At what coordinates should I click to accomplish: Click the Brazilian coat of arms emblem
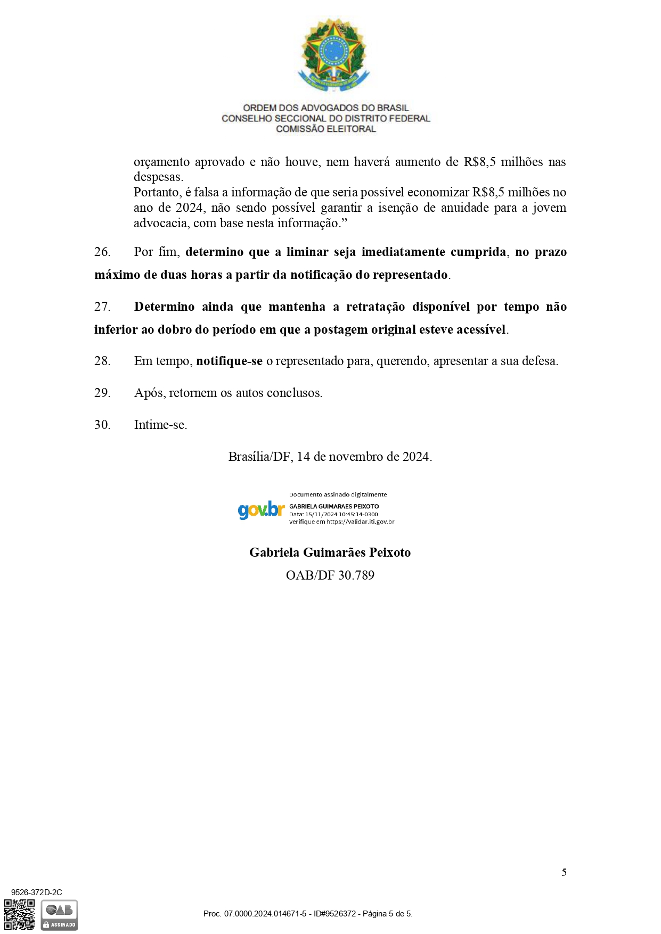[x=333, y=55]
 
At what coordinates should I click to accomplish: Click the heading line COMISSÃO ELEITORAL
[x=325, y=129]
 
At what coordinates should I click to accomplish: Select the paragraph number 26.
[x=102, y=252]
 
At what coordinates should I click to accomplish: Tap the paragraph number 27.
[x=102, y=307]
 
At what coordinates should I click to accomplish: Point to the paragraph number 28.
[x=102, y=361]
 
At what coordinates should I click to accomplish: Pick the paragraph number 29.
[x=102, y=393]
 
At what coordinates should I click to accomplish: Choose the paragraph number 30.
[x=102, y=425]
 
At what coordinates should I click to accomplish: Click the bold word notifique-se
[x=229, y=361]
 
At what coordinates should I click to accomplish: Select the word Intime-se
[x=160, y=425]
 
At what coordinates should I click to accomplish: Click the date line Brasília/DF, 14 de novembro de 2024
[x=330, y=457]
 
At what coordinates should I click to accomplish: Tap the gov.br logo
[x=261, y=510]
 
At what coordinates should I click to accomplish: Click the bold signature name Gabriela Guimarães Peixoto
[x=330, y=552]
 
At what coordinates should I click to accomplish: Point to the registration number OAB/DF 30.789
[x=330, y=575]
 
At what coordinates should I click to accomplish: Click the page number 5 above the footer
[x=564, y=872]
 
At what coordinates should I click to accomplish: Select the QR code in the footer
[x=20, y=914]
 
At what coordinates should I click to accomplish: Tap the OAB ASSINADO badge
[x=60, y=915]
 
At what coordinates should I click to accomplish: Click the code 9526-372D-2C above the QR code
[x=36, y=892]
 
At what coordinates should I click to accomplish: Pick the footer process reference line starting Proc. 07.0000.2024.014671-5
[x=308, y=914]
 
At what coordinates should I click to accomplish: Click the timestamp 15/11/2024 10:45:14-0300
[x=341, y=515]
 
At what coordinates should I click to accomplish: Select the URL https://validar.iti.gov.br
[x=361, y=522]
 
